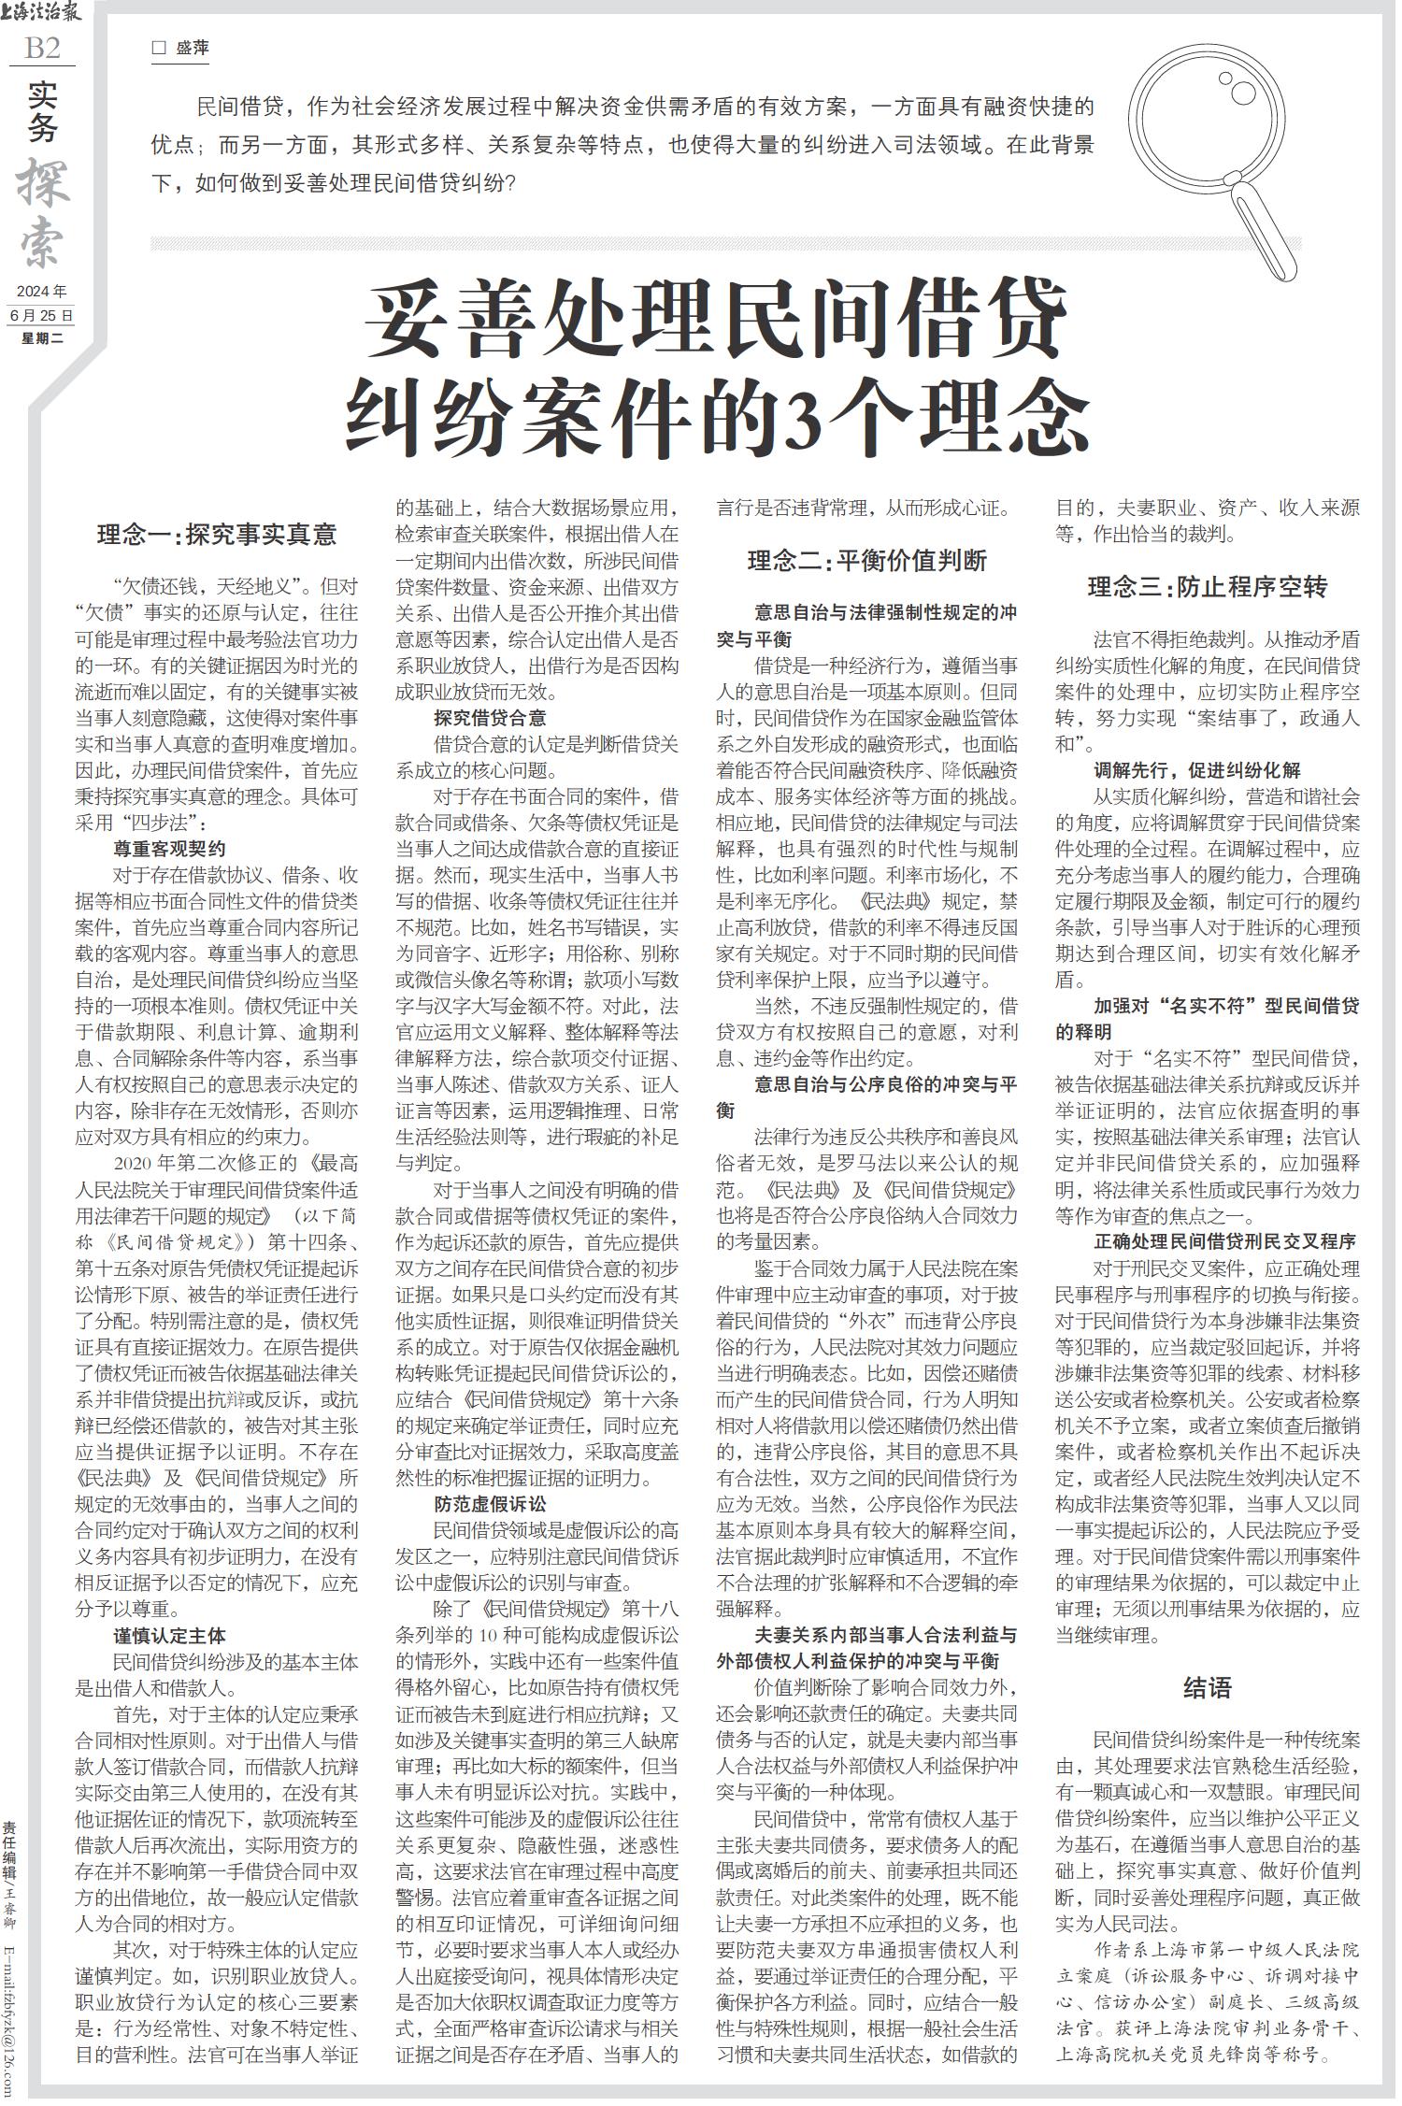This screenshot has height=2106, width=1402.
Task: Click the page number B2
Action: pyautogui.click(x=42, y=48)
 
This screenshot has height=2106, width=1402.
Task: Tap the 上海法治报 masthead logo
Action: pyautogui.click(x=43, y=13)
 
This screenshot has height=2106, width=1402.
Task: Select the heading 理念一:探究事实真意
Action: pyautogui.click(x=216, y=536)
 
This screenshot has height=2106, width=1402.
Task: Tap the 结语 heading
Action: pyautogui.click(x=1208, y=1687)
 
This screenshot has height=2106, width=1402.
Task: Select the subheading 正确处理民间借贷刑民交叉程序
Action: pyautogui.click(x=1224, y=1242)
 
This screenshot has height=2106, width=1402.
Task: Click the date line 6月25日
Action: pyautogui.click(x=42, y=316)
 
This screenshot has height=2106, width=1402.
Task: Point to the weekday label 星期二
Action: pyautogui.click(x=42, y=338)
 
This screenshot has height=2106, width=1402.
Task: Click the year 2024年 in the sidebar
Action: pyautogui.click(x=42, y=293)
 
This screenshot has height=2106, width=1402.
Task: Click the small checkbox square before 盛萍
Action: pyautogui.click(x=159, y=48)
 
